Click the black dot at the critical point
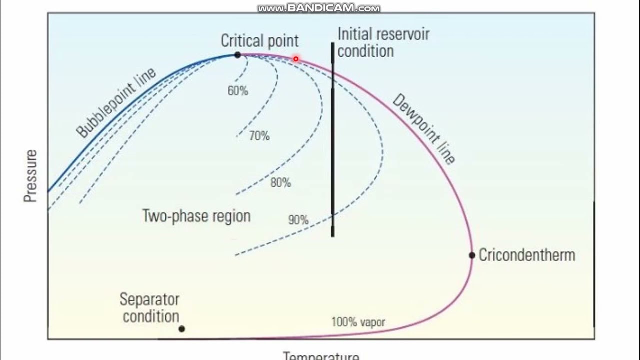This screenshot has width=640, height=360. click(x=237, y=55)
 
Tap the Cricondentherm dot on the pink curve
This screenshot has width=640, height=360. click(x=472, y=255)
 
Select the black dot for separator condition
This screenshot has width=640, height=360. click(x=182, y=329)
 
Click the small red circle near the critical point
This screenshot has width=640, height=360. click(x=296, y=59)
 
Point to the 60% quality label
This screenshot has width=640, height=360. click(x=238, y=91)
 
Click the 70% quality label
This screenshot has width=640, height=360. click(x=259, y=135)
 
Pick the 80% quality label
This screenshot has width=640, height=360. click(x=280, y=182)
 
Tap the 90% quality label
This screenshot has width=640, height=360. click(x=298, y=219)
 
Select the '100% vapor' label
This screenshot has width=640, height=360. click(x=358, y=322)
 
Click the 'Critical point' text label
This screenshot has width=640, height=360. click(x=260, y=41)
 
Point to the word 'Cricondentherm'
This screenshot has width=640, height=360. click(x=527, y=255)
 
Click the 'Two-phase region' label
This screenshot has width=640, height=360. click(x=196, y=216)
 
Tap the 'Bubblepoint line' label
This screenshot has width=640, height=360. click(x=116, y=102)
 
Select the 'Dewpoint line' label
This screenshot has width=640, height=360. click(x=424, y=129)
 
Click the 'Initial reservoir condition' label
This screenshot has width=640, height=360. click(x=383, y=43)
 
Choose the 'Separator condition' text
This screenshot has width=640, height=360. click(x=150, y=308)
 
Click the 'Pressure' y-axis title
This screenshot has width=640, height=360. click(x=31, y=176)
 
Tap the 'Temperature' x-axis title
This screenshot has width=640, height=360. click(x=321, y=356)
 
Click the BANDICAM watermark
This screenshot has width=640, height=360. click(x=319, y=8)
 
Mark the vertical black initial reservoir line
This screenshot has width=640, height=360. click(x=333, y=150)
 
